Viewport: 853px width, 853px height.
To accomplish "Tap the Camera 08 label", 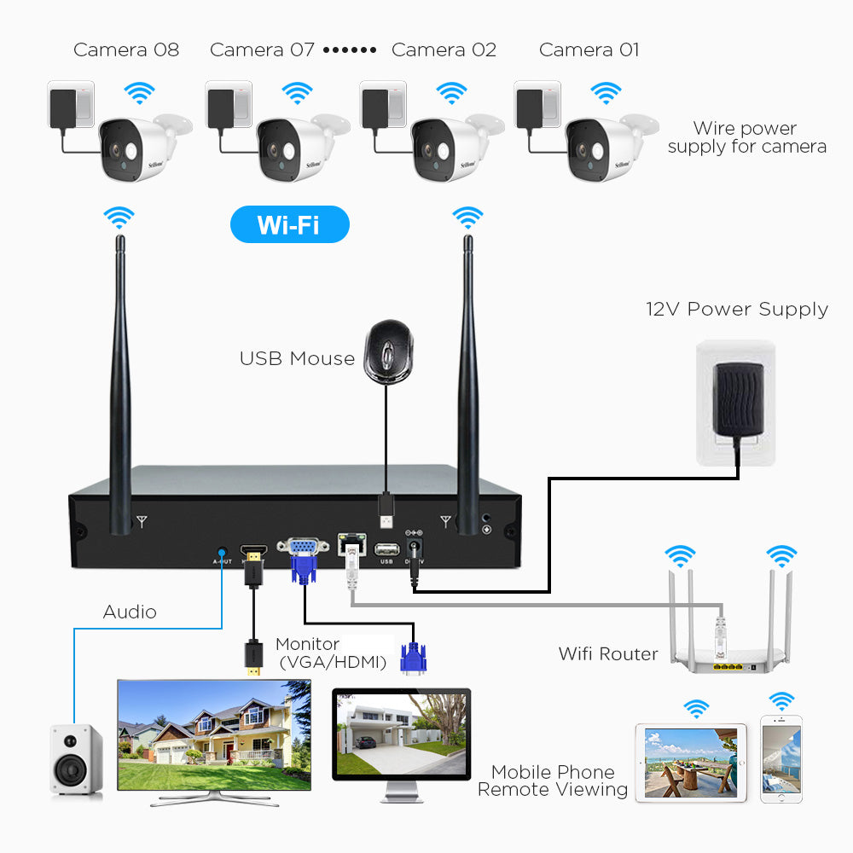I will coord(126,49).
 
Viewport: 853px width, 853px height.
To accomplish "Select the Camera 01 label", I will coord(589,49).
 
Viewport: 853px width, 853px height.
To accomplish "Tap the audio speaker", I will coord(76,759).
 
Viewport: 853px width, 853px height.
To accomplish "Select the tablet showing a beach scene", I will coord(691,762).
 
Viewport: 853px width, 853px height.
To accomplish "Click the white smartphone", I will coord(781,759).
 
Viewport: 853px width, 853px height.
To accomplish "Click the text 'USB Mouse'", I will coord(297,358).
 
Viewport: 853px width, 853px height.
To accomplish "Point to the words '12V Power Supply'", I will coord(737,309).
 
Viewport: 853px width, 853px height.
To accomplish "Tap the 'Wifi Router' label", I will coord(608,654).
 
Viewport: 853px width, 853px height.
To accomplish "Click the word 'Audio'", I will coord(130,612).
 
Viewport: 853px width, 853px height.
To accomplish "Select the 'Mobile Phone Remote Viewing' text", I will coord(553,781).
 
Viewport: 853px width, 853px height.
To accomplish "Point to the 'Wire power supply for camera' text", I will coord(746,137).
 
